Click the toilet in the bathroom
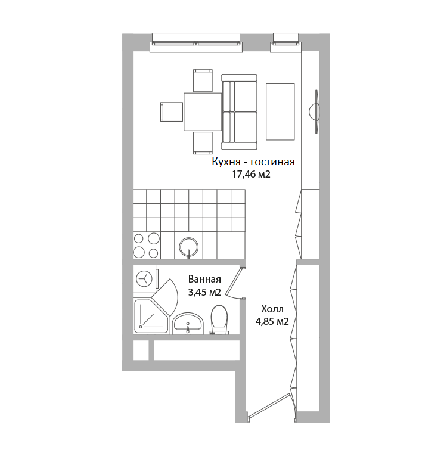[219, 319]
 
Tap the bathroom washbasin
[188, 324]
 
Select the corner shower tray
[151, 317]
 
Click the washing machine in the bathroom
[145, 279]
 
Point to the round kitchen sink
[189, 246]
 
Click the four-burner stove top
[147, 246]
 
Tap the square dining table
[203, 111]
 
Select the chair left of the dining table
[172, 111]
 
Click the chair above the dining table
[203, 80]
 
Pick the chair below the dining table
[203, 143]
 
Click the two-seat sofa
[240, 111]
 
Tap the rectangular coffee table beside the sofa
[280, 111]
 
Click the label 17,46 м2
[252, 175]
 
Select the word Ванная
[204, 279]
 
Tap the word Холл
[272, 309]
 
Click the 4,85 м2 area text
[272, 322]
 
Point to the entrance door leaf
[269, 406]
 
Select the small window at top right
[286, 43]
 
